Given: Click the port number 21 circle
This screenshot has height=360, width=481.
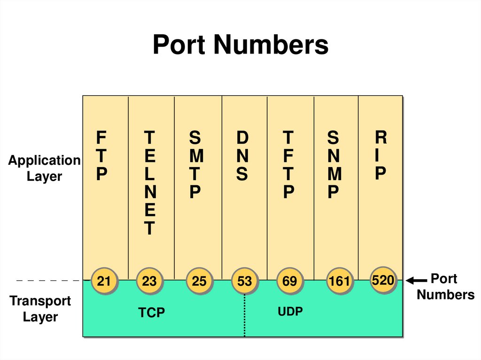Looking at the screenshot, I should (x=104, y=281).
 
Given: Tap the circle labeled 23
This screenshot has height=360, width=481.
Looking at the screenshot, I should (x=149, y=281).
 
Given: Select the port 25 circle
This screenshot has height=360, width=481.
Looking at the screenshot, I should (x=199, y=281).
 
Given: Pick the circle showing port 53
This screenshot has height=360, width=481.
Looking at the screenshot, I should (x=244, y=281).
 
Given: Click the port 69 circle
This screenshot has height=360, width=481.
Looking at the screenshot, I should (x=289, y=281).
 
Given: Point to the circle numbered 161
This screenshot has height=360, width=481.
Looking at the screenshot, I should (x=339, y=281).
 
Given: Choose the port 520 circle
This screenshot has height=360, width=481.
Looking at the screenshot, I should (x=382, y=280).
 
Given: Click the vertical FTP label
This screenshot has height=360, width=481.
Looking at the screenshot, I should (x=101, y=156).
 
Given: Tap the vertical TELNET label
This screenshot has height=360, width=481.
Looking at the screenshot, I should (x=149, y=183).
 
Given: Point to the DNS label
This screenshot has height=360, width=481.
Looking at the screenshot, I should (x=242, y=156).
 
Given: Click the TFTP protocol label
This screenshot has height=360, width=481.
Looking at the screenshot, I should (x=288, y=165).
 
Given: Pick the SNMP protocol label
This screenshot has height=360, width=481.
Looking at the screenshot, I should (x=333, y=165).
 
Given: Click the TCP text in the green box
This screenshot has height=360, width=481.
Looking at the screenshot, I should (x=152, y=313).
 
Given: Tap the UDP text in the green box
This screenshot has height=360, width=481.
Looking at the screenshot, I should (x=290, y=311).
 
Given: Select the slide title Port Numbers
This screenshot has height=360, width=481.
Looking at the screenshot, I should (x=240, y=46).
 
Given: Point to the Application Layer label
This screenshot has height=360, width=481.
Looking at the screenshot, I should (x=44, y=168).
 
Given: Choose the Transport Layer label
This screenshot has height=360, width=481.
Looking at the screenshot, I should (x=40, y=308).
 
